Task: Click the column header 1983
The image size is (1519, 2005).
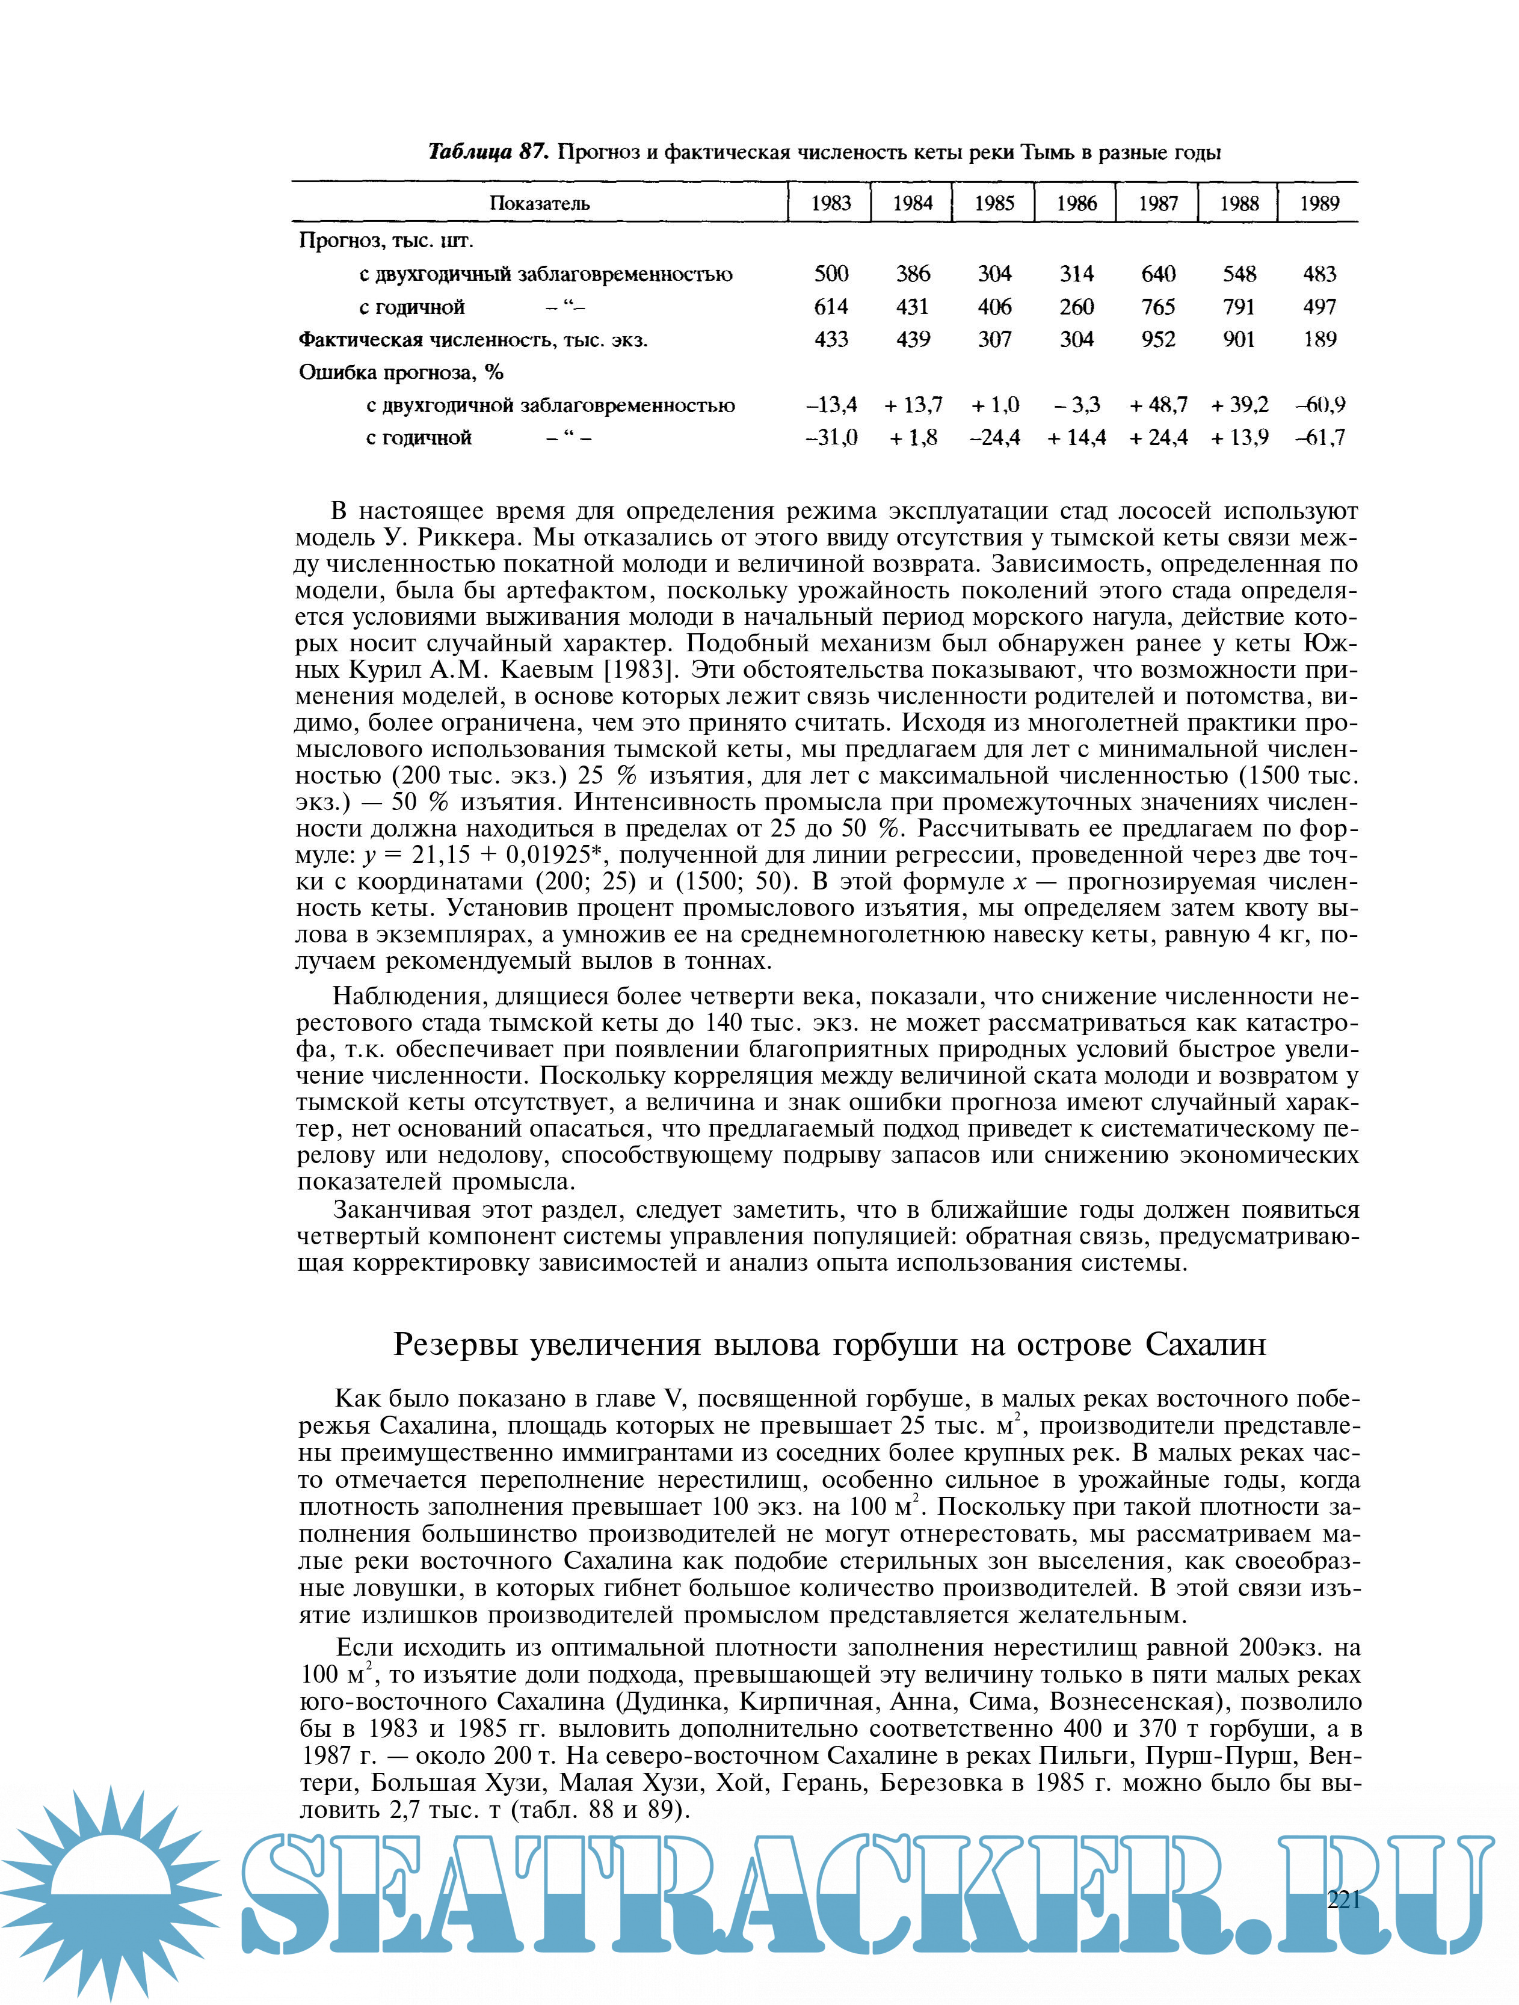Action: pos(831,203)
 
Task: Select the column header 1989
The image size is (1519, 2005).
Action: pos(1319,203)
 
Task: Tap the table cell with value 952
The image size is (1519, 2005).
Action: pos(1158,339)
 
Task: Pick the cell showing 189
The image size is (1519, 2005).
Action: pos(1319,339)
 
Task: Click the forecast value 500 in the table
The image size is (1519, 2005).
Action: pos(831,274)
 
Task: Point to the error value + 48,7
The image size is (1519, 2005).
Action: pos(1158,404)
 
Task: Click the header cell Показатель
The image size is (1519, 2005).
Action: pos(540,203)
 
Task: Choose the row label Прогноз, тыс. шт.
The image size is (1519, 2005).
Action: pos(386,241)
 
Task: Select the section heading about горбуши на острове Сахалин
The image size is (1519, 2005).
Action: pos(829,1344)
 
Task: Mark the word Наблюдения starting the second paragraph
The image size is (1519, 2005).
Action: pos(410,996)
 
